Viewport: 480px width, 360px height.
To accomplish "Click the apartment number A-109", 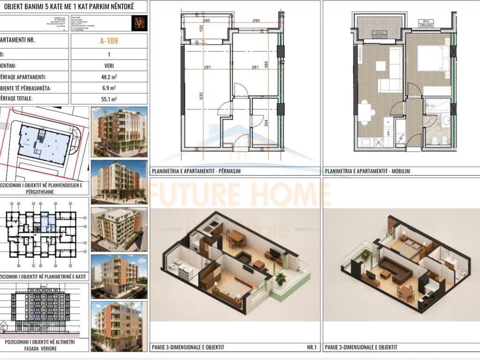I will (x=109, y=41).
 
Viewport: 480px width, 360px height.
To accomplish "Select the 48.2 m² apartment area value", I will (x=109, y=77).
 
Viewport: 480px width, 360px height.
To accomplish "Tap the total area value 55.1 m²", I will (x=109, y=99).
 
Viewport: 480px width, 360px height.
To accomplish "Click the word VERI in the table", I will (x=109, y=66).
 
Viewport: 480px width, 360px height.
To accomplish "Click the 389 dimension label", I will (x=266, y=66).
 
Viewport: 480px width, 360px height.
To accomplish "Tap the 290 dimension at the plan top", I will (x=256, y=21).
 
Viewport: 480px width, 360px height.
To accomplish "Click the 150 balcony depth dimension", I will (x=201, y=28).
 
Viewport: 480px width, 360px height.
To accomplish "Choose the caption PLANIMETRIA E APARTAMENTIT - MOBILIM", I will (x=367, y=171).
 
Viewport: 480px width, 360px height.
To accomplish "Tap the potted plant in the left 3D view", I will (x=281, y=278).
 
